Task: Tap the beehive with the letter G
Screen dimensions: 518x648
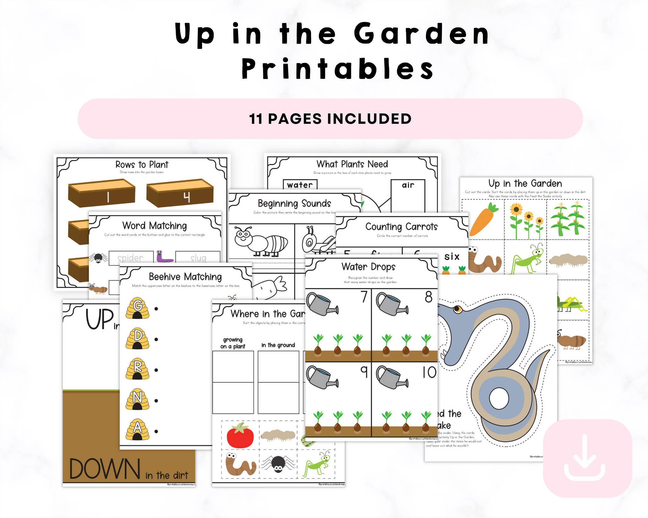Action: [x=137, y=308]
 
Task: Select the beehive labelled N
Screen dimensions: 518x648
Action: [x=137, y=399]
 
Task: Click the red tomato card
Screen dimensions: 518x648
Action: [x=240, y=435]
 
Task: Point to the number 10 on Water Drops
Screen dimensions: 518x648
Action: [x=429, y=372]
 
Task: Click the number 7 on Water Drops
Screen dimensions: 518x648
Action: [x=364, y=297]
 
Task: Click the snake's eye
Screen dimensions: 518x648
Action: [x=457, y=308]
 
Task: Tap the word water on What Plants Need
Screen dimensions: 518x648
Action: [x=300, y=185]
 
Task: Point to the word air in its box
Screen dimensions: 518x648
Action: [x=408, y=185]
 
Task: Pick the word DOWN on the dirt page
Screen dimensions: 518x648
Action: [x=105, y=469]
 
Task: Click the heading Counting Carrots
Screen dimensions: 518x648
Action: [x=402, y=226]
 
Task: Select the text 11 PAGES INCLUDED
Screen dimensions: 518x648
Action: [x=330, y=119]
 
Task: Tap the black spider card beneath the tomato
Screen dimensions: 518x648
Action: [x=278, y=464]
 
